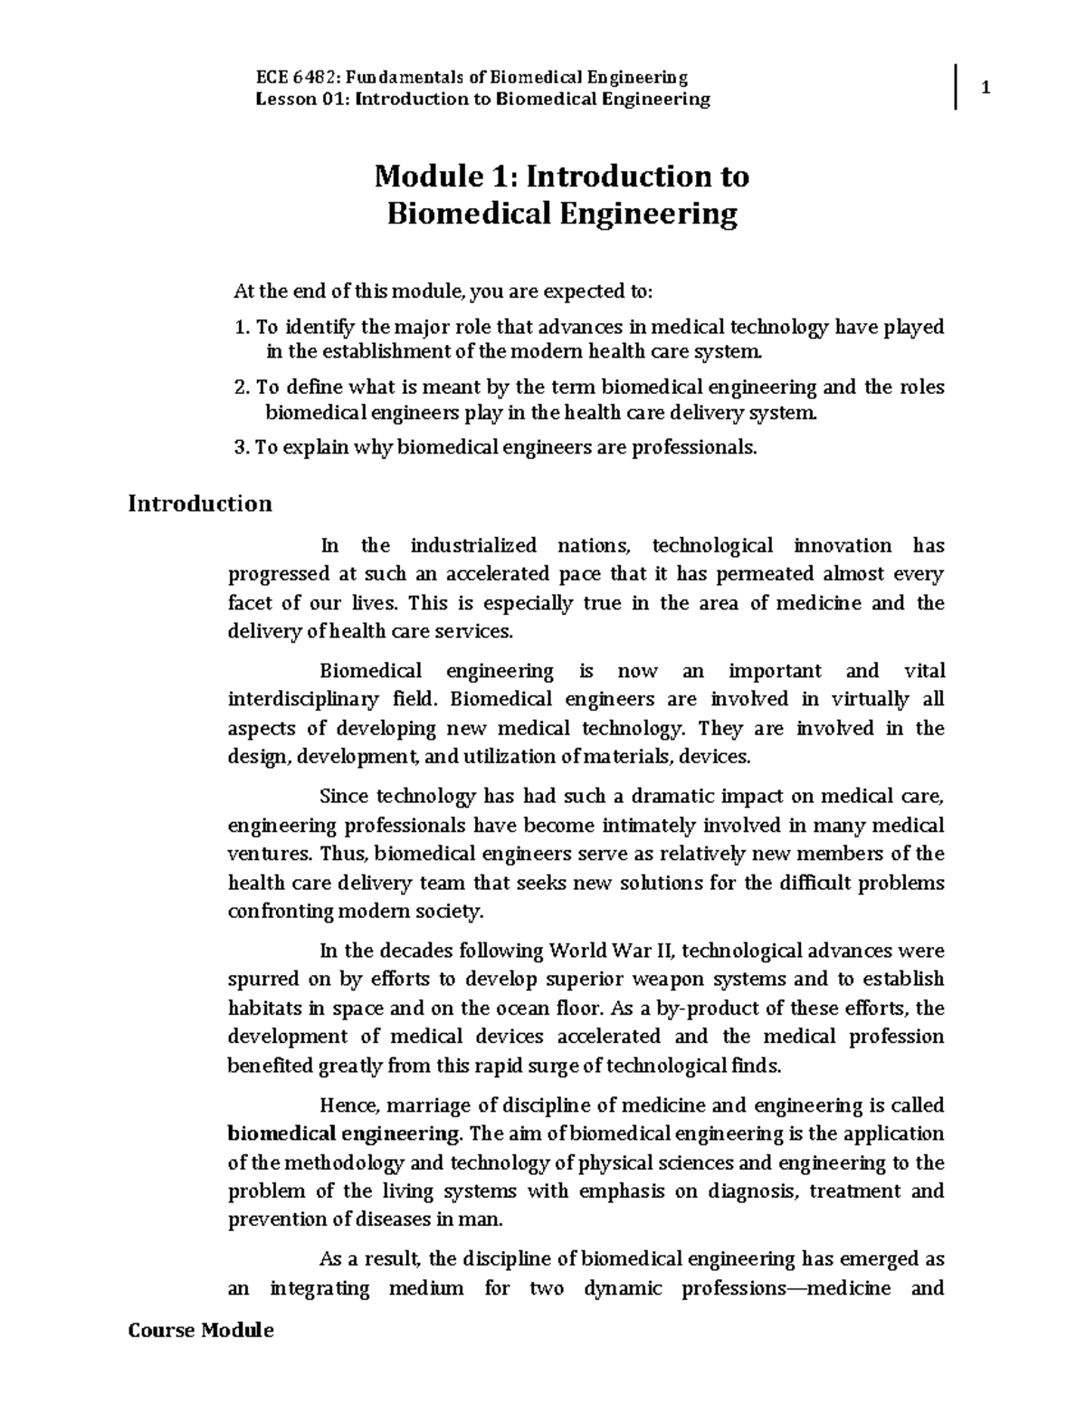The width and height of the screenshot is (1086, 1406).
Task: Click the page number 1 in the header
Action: pos(987,89)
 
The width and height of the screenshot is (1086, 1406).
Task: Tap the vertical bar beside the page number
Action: pos(956,88)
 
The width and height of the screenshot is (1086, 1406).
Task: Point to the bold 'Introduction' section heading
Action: pos(200,503)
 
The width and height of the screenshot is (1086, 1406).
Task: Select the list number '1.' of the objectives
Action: pos(241,327)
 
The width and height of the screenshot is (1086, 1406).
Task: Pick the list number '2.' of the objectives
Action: pos(241,387)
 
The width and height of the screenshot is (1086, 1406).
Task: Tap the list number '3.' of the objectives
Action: pos(241,447)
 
